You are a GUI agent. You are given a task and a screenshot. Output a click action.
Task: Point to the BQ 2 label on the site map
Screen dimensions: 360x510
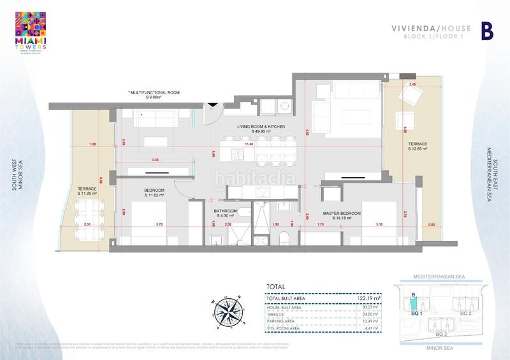466,314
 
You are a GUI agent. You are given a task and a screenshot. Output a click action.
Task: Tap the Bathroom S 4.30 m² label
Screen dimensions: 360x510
226,213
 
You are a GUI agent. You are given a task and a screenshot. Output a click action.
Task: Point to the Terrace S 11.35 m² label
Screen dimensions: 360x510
87,191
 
